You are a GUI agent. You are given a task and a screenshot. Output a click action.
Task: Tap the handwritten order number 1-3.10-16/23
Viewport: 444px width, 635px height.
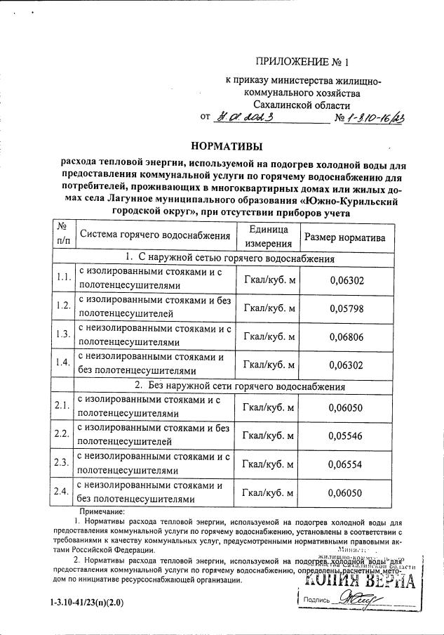click(x=375, y=117)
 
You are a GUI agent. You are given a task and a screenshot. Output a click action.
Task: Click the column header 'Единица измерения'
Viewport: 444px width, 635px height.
click(x=269, y=237)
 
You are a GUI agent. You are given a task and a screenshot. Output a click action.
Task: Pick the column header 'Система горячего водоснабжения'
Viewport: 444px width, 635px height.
click(x=154, y=235)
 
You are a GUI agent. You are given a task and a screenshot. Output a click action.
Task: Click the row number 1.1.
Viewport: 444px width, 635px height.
click(x=64, y=277)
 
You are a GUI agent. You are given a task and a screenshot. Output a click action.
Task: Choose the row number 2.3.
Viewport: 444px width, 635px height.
click(x=61, y=461)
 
